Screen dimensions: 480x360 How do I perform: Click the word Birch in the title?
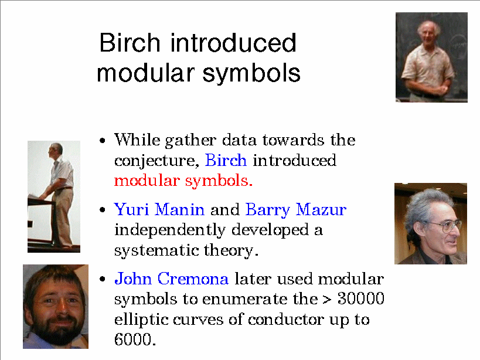click(130, 43)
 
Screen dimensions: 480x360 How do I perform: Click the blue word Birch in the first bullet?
click(226, 160)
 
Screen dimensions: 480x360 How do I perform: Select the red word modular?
click(147, 181)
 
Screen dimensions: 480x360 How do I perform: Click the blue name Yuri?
click(131, 209)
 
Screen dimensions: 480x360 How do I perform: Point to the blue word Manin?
click(180, 209)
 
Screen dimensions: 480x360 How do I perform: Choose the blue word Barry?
click(268, 210)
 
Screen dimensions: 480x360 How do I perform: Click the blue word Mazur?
click(321, 209)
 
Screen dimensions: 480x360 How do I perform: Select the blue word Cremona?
click(193, 279)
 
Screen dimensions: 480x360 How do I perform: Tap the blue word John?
click(133, 279)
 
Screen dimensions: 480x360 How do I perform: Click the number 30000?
click(360, 298)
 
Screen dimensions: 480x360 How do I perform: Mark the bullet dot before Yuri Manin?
click(103, 210)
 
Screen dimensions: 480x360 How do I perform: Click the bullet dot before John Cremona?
click(103, 279)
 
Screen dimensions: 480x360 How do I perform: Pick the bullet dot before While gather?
click(103, 141)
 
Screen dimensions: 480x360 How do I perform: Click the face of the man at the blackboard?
click(428, 33)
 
